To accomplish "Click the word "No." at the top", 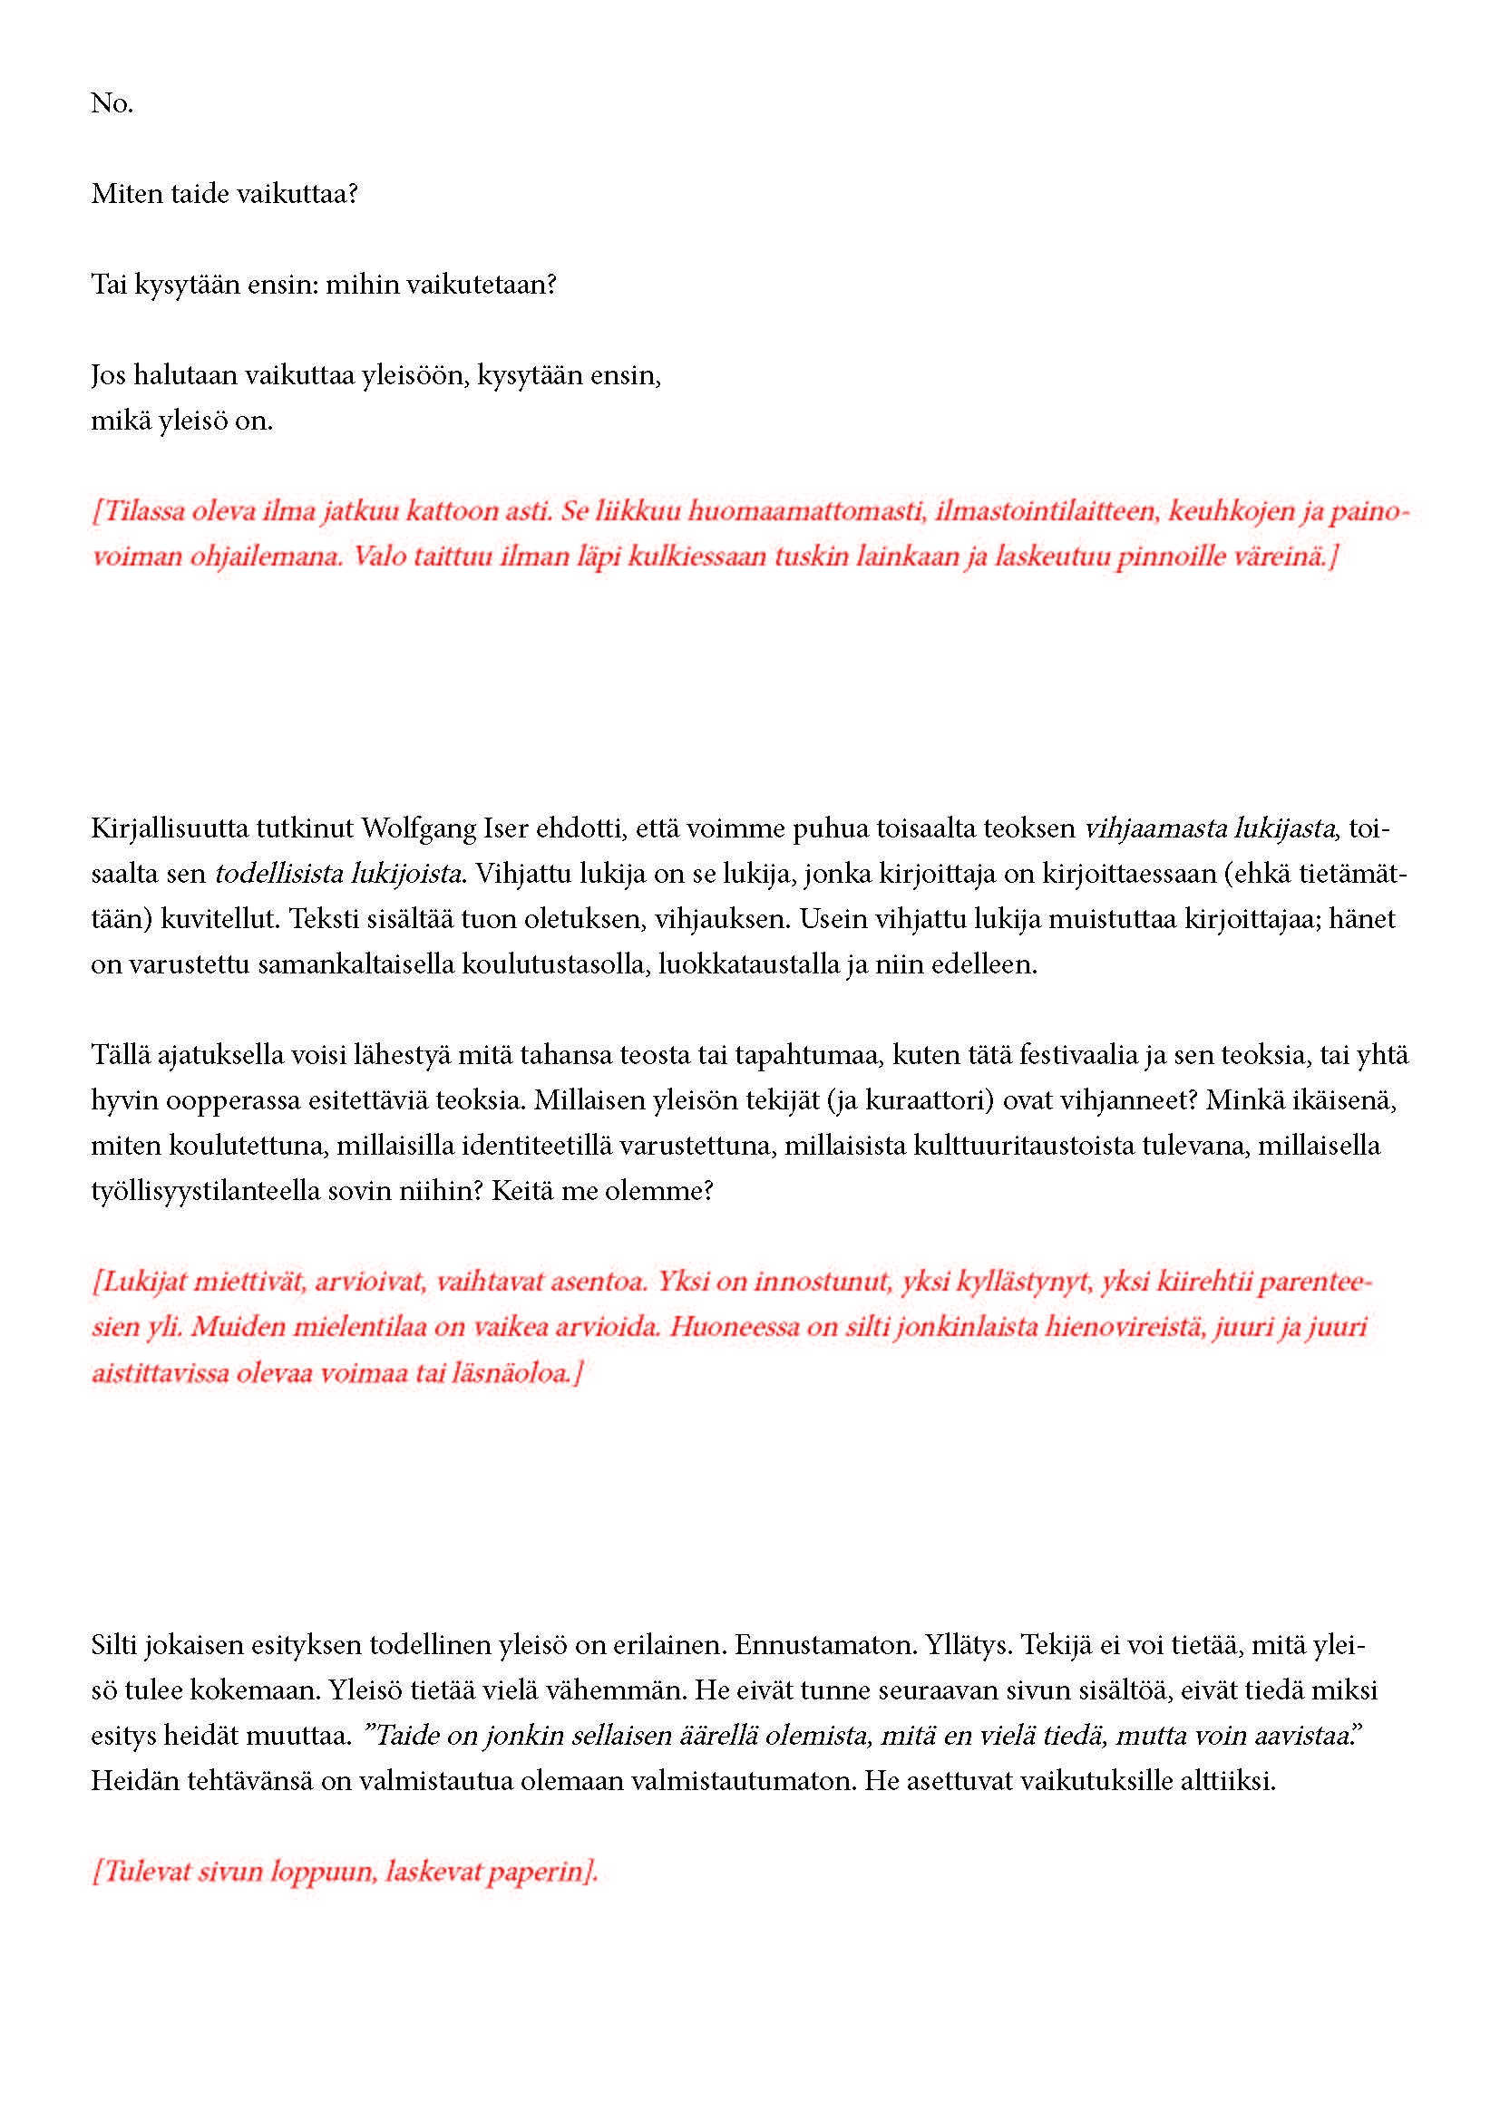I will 112,103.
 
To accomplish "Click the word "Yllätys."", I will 979,1644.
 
